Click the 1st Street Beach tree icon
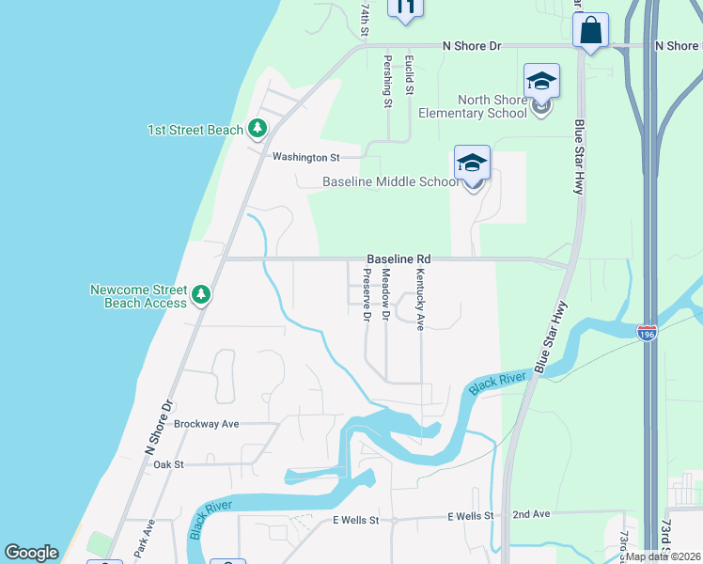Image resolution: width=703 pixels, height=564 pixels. (x=257, y=130)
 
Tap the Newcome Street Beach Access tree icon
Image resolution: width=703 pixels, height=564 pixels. (x=200, y=296)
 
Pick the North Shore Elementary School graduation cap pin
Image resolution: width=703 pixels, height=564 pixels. (x=541, y=84)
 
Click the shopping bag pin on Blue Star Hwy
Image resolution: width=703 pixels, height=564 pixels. (x=591, y=31)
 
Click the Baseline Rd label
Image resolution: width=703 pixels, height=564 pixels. (x=398, y=258)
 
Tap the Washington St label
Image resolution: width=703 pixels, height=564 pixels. (x=304, y=157)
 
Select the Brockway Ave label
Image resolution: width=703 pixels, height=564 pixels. (x=208, y=424)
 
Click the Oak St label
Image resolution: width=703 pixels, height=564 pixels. (x=168, y=464)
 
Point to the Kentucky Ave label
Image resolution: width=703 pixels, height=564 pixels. (x=420, y=299)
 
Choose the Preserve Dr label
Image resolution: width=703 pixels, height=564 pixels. (x=367, y=294)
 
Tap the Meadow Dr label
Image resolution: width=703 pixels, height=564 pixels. (x=385, y=292)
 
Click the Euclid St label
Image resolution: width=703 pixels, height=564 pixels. (x=409, y=75)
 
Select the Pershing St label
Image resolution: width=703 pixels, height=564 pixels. (x=387, y=81)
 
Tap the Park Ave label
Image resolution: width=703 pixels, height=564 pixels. (x=143, y=538)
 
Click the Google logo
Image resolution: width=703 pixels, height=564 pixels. (x=31, y=553)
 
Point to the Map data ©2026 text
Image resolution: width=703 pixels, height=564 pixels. (x=663, y=556)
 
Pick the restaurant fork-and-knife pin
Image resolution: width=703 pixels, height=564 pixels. (x=406, y=8)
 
